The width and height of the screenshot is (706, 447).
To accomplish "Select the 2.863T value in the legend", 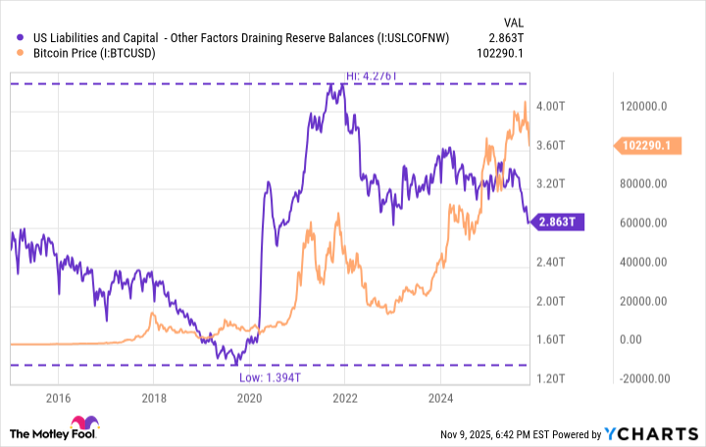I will (x=509, y=37).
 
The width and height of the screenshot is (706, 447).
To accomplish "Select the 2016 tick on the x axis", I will (x=58, y=398).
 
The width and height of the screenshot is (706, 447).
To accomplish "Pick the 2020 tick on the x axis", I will (x=249, y=398).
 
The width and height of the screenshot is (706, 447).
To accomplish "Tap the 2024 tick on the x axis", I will (x=440, y=398).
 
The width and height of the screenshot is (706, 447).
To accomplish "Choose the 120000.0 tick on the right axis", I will (x=644, y=105).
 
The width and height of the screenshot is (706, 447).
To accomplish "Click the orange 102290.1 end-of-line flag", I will (x=647, y=145).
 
